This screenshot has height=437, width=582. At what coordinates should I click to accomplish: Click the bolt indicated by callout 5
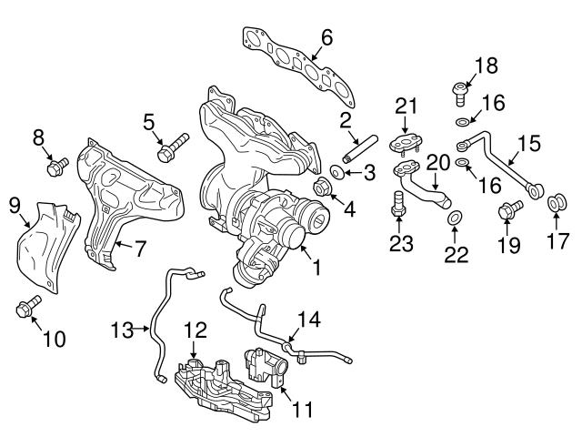coord(172,147)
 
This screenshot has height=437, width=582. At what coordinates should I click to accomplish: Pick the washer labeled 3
coord(336,171)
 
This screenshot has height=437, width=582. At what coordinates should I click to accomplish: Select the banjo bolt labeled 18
coord(458,91)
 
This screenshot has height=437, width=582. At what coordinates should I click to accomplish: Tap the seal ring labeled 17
coord(554,200)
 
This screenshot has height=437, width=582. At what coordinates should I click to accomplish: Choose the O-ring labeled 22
coord(455,217)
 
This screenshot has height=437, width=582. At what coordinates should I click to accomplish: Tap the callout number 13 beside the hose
coord(123,328)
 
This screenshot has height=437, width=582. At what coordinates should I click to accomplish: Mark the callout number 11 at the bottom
coord(301,409)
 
